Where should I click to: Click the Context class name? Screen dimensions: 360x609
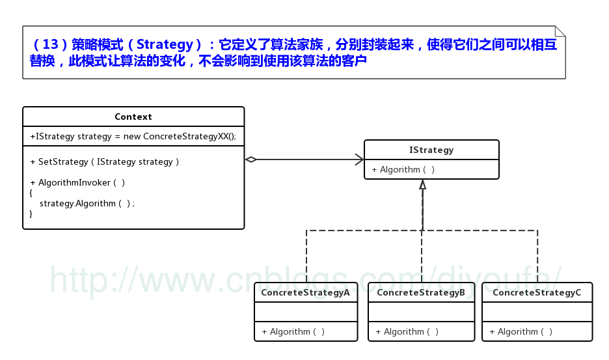[133, 117]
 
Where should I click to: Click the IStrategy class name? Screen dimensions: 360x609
[431, 150]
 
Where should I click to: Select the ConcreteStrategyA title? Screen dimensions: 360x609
[305, 292]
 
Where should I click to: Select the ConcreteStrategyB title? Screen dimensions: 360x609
[421, 292]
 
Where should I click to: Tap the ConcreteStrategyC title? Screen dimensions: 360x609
[537, 292]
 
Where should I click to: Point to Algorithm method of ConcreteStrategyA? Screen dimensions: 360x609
[293, 331]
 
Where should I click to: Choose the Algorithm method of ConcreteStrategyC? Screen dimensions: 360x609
[521, 331]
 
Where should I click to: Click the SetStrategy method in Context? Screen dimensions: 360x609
[104, 161]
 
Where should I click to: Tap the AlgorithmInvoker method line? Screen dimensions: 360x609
[77, 182]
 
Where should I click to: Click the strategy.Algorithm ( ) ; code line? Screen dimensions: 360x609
[87, 203]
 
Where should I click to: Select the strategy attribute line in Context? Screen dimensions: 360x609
[133, 137]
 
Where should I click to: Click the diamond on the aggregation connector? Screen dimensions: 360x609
[251, 159]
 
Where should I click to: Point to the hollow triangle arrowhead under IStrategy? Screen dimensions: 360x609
[423, 185]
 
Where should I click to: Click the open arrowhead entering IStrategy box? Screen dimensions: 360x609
[359, 159]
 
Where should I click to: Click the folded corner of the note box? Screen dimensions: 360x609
[560, 31]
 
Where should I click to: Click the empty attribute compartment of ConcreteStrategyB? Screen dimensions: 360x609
[421, 312]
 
